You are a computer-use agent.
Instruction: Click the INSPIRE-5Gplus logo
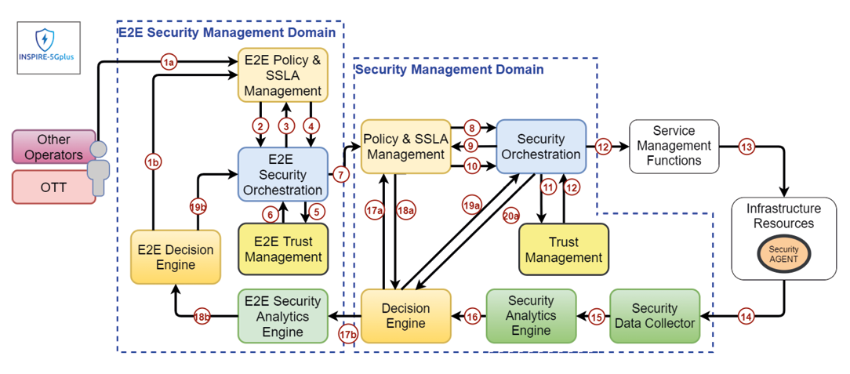click(x=47, y=47)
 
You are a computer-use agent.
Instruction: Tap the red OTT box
click(x=53, y=187)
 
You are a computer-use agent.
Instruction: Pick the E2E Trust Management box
click(x=283, y=249)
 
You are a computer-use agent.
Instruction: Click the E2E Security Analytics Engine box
click(x=283, y=316)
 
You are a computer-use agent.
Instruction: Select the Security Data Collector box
click(x=655, y=316)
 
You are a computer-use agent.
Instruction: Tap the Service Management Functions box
click(x=674, y=146)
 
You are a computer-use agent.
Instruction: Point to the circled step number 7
click(x=341, y=174)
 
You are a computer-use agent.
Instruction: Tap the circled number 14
click(x=746, y=317)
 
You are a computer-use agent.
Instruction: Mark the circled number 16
click(x=472, y=317)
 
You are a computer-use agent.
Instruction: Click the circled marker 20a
click(x=510, y=216)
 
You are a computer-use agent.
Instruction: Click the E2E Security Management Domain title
click(x=227, y=32)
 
